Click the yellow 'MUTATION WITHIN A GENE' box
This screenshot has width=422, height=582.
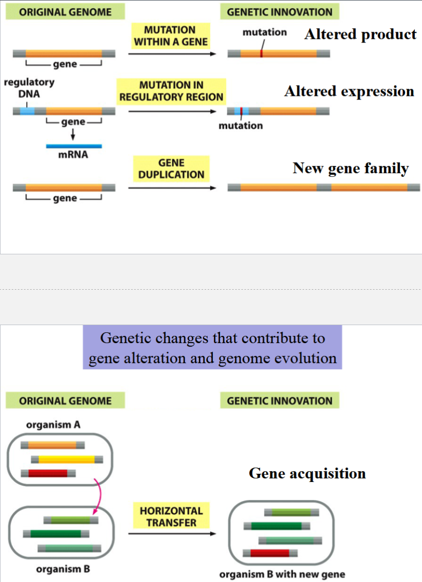click(x=170, y=36)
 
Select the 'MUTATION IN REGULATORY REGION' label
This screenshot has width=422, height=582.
click(x=171, y=91)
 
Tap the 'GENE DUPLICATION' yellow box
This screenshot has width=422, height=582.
click(x=171, y=169)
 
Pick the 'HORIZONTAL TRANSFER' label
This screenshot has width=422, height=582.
click(x=171, y=516)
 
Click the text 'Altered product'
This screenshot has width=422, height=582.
click(x=360, y=34)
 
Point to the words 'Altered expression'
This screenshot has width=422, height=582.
click(x=349, y=91)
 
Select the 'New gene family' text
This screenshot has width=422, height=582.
click(x=351, y=168)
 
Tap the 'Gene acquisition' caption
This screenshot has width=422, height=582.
click(x=307, y=473)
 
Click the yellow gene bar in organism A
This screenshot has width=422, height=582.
click(x=67, y=459)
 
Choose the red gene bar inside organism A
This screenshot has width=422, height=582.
click(x=48, y=473)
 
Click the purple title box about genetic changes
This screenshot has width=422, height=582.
click(x=212, y=348)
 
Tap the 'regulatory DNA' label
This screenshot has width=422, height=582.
click(x=29, y=88)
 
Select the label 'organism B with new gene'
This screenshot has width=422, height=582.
click(x=282, y=574)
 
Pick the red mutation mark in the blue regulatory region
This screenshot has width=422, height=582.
click(x=240, y=111)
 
